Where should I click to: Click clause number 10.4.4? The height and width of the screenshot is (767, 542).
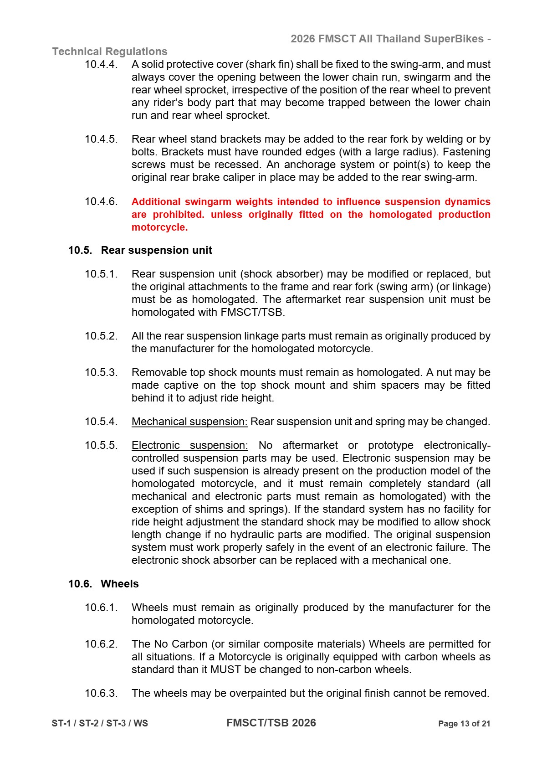tap(101, 64)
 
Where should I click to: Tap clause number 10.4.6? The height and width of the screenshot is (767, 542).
tap(101, 201)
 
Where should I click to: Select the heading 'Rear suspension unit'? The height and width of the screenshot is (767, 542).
tap(156, 250)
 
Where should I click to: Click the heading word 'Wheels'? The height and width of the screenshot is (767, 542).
tap(119, 584)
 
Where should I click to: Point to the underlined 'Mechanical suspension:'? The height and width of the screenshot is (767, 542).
tap(189, 422)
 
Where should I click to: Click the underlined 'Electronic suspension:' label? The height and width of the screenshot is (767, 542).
tap(189, 445)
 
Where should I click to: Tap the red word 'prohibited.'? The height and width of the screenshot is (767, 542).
tap(179, 214)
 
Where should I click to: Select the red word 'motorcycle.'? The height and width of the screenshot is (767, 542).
tap(159, 227)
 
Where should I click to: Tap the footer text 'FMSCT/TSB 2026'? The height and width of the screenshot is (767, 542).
tap(271, 723)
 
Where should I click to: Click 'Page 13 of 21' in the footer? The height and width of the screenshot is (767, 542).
tap(464, 724)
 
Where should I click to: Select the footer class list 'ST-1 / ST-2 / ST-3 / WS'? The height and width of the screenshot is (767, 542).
tap(100, 723)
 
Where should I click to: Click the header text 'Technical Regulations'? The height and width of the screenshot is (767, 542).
tap(110, 51)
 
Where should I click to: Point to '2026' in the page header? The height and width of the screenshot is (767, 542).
tap(302, 39)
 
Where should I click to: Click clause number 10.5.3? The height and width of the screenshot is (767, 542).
tap(101, 372)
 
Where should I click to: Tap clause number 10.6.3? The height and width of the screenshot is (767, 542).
tap(101, 693)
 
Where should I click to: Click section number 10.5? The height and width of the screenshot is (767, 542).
tap(80, 250)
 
